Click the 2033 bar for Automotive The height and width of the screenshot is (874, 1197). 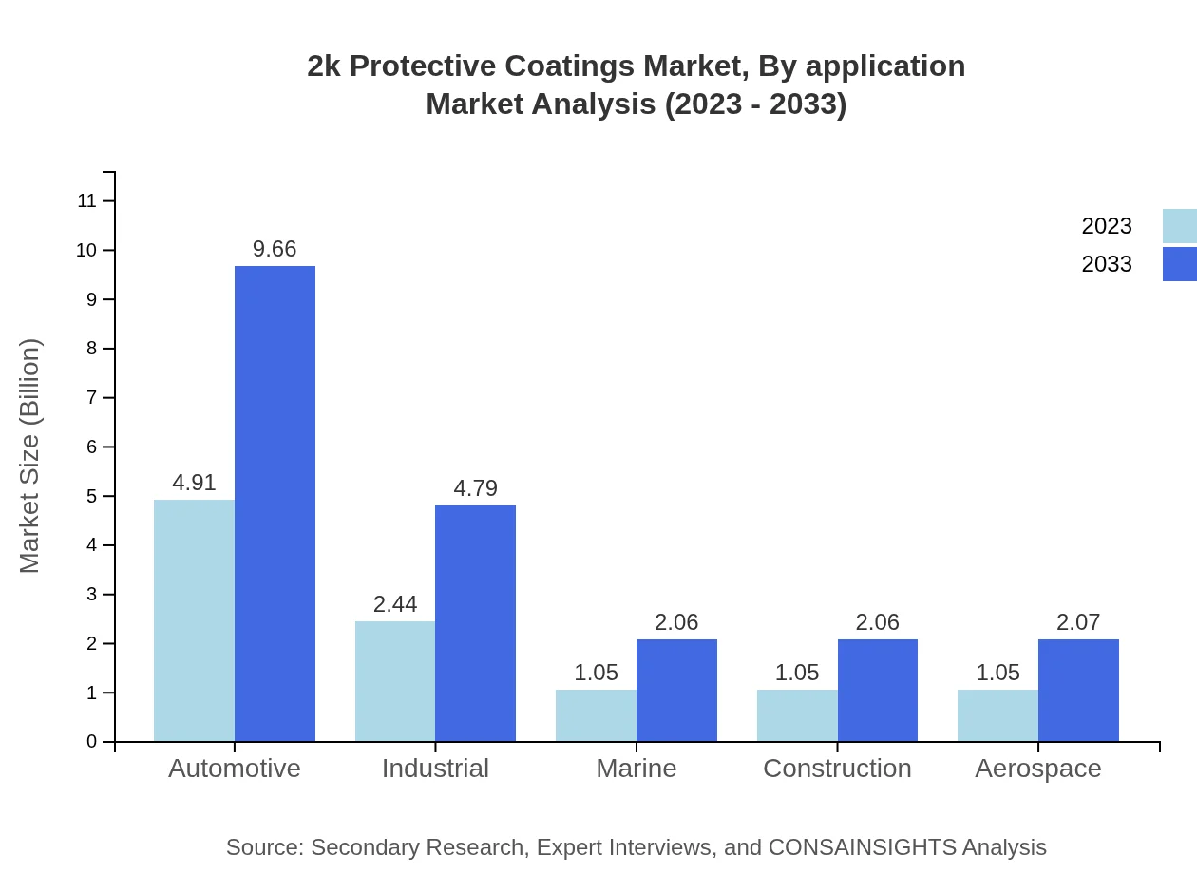[275, 503]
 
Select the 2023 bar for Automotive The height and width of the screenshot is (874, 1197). [194, 620]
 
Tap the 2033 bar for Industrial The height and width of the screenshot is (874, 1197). [475, 623]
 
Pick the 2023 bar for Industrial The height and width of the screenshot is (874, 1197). [395, 681]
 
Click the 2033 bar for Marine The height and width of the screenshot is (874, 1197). [676, 691]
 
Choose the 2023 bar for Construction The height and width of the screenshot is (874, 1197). [797, 715]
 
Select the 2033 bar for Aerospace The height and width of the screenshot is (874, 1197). [1078, 691]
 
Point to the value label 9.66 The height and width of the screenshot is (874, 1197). [275, 249]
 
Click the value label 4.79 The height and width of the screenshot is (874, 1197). [475, 488]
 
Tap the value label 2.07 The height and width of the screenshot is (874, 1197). [1078, 622]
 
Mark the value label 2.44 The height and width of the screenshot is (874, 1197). [395, 604]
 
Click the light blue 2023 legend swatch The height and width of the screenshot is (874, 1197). [1179, 226]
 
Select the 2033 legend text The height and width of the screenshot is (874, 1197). [1107, 264]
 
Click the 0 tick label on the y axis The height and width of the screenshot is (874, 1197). [92, 742]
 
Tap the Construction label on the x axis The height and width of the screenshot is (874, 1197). [837, 768]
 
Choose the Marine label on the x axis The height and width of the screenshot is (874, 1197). [636, 768]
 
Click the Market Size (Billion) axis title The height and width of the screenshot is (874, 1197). [30, 456]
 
